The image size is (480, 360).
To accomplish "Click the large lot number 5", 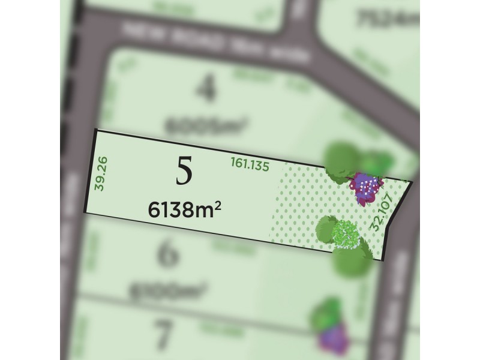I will (185, 172).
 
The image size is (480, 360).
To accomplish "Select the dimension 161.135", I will (250, 163).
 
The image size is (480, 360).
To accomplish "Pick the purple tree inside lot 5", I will (367, 188).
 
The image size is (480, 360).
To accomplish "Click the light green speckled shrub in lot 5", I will (345, 234).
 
